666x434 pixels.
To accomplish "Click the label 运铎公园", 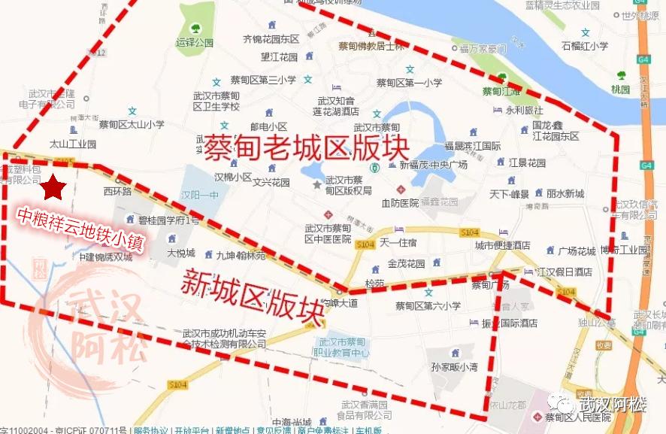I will pyautogui.click(x=194, y=43).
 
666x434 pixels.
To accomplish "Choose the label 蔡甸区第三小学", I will pyautogui.click(x=263, y=80).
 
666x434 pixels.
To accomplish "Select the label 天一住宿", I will pyautogui.click(x=398, y=242).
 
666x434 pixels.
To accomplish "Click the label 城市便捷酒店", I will pyautogui.click(x=502, y=245).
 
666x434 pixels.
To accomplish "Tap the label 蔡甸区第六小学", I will pyautogui.click(x=428, y=305).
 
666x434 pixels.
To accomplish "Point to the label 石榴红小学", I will pyautogui.click(x=585, y=46).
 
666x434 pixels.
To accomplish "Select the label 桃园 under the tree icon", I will pyautogui.click(x=620, y=89).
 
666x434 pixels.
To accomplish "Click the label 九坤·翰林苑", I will pyautogui.click(x=241, y=256).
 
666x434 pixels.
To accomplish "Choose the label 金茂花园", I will pyautogui.click(x=406, y=264).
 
